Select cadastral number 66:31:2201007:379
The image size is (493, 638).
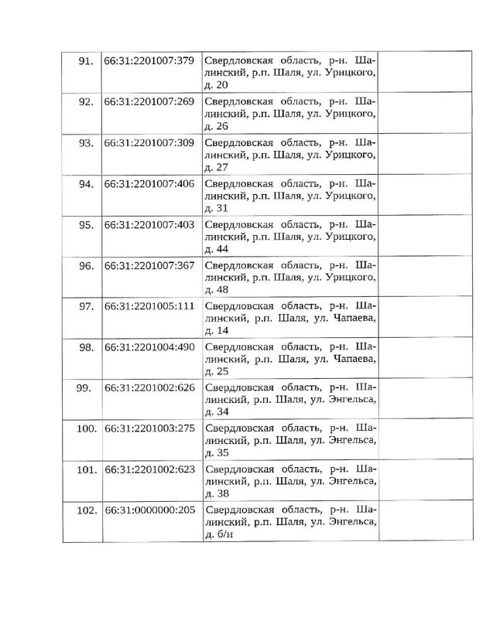(149, 61)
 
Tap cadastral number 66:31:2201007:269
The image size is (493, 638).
(149, 102)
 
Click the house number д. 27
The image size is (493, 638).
(214, 167)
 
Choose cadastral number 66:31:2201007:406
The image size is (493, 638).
(149, 184)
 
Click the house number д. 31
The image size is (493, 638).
(214, 208)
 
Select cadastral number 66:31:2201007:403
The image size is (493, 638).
(149, 225)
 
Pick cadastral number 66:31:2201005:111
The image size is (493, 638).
(149, 307)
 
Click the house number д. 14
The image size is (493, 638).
(214, 331)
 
